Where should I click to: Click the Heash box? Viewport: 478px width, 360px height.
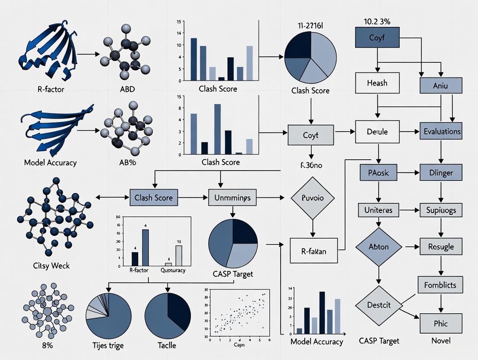click(x=377, y=83)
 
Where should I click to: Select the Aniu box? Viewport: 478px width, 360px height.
click(x=441, y=86)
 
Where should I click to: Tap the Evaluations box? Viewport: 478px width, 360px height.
click(x=441, y=131)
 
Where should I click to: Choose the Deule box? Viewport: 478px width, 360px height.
click(x=377, y=132)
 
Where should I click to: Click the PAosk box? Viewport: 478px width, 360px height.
click(x=378, y=173)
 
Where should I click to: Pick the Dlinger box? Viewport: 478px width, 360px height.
click(x=441, y=173)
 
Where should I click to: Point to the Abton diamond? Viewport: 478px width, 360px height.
click(x=378, y=247)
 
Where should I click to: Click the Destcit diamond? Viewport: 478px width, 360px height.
click(x=378, y=305)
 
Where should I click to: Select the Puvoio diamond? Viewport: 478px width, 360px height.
click(x=313, y=197)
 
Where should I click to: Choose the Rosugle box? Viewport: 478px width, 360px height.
click(x=441, y=247)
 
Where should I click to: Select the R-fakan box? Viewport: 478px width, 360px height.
click(x=313, y=251)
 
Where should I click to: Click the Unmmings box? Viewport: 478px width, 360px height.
click(x=233, y=198)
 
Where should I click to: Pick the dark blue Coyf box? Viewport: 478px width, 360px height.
click(x=377, y=37)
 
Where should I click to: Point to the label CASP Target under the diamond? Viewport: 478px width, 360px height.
click(x=378, y=341)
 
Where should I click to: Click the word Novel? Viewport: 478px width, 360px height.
click(x=441, y=341)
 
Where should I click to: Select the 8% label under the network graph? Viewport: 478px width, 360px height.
click(x=42, y=346)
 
